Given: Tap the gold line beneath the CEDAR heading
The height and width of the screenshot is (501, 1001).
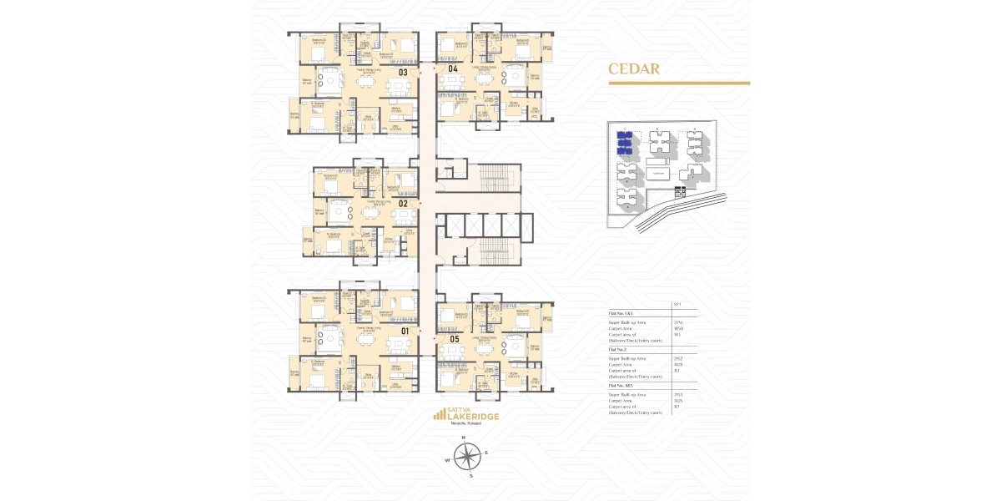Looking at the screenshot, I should click(678, 83).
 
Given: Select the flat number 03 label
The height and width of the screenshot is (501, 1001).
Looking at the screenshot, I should click(402, 73).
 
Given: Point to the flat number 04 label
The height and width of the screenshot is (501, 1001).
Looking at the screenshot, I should click(453, 68).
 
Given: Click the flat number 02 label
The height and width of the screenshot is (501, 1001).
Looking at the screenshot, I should click(402, 203).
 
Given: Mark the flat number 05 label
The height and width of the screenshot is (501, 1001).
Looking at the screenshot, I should click(455, 339).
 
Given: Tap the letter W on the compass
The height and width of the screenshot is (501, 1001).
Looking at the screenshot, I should click(446, 460).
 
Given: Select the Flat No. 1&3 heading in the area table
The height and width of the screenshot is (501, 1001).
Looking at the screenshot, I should click(621, 313).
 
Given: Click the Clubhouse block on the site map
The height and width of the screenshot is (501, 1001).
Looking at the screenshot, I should click(659, 174).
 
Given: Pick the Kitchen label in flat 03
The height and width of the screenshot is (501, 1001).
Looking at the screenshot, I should click(396, 108).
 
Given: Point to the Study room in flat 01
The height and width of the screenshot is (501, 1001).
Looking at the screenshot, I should click(367, 373).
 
